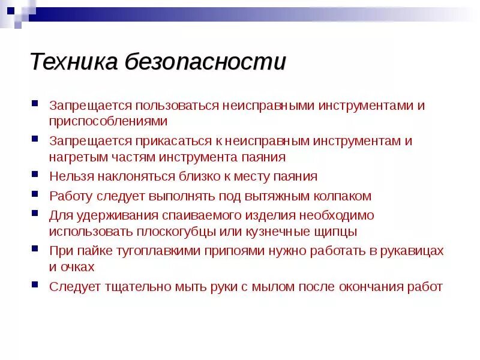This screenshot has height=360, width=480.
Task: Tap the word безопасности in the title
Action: [x=205, y=62]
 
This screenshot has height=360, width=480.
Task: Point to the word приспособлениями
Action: [x=108, y=121]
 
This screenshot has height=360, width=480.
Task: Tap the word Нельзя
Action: [x=70, y=176]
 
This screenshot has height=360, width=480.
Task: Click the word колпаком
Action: [x=342, y=196]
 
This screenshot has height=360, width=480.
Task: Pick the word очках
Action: [x=79, y=266]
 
